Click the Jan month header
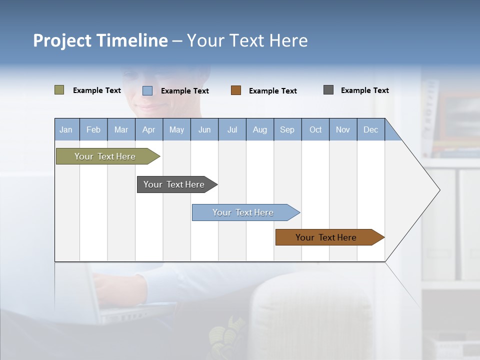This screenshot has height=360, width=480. click(66, 129)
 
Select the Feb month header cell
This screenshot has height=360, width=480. click(93, 129)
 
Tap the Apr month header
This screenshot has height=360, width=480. click(149, 129)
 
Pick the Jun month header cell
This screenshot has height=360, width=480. click(204, 129)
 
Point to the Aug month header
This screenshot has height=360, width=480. click(260, 129)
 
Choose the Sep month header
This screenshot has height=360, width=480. click(287, 129)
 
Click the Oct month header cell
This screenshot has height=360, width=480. click(315, 129)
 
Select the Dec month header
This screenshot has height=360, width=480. click(371, 129)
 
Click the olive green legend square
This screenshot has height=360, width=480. click(59, 90)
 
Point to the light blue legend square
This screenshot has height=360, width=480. click(147, 90)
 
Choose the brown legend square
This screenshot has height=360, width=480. click(236, 90)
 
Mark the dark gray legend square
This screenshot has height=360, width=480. click(328, 90)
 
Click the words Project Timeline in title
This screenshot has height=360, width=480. click(100, 40)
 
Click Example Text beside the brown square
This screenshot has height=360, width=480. click(273, 91)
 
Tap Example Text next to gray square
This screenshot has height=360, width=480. click(365, 90)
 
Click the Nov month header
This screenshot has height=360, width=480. click(343, 129)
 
